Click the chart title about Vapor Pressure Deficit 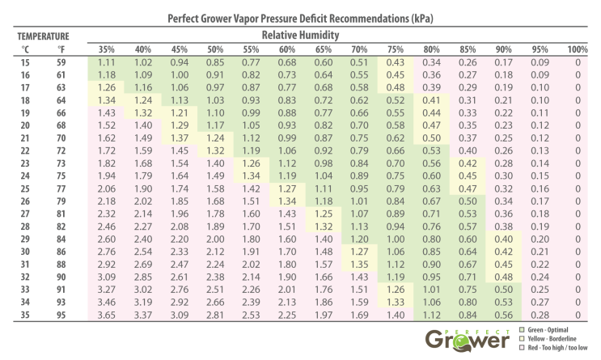[300, 17]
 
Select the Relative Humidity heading [299, 36]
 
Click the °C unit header [25, 49]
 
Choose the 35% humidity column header [108, 49]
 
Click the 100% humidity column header [578, 49]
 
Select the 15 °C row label [25, 62]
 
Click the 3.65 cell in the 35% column [108, 315]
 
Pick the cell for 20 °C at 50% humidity [215, 125]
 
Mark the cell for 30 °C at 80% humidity [432, 252]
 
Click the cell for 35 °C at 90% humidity [504, 315]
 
